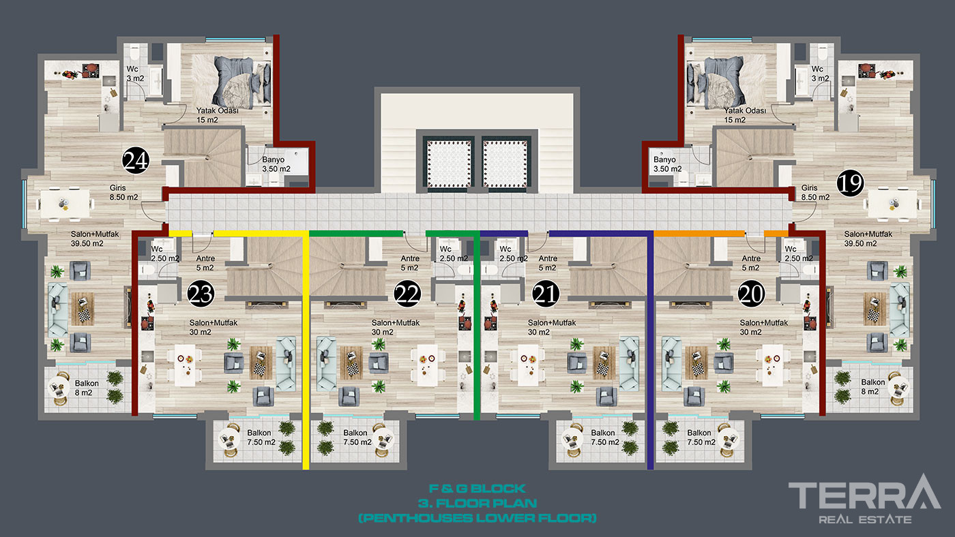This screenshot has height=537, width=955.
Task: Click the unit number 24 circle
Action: [136, 161]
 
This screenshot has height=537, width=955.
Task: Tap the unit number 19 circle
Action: [850, 183]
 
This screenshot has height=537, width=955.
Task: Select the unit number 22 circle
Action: [407, 294]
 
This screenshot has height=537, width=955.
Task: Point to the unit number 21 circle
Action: [546, 294]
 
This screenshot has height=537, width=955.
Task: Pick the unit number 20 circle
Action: [751, 294]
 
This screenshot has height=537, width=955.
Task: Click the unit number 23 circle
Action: [201, 294]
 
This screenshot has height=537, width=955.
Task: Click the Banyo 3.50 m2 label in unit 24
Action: [276, 164]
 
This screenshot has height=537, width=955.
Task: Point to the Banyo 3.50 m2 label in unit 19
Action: [667, 164]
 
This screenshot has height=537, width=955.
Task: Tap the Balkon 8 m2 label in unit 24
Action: [86, 388]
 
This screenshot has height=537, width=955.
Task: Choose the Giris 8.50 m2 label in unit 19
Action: [815, 192]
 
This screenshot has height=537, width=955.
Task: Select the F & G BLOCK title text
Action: [477, 489]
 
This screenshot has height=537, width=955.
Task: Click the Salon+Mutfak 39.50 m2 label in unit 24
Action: [95, 239]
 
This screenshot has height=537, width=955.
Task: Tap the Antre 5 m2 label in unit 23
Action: [205, 263]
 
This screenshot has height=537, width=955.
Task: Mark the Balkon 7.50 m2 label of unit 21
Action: [604, 438]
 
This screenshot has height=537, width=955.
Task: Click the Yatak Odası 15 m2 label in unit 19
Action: [745, 115]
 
